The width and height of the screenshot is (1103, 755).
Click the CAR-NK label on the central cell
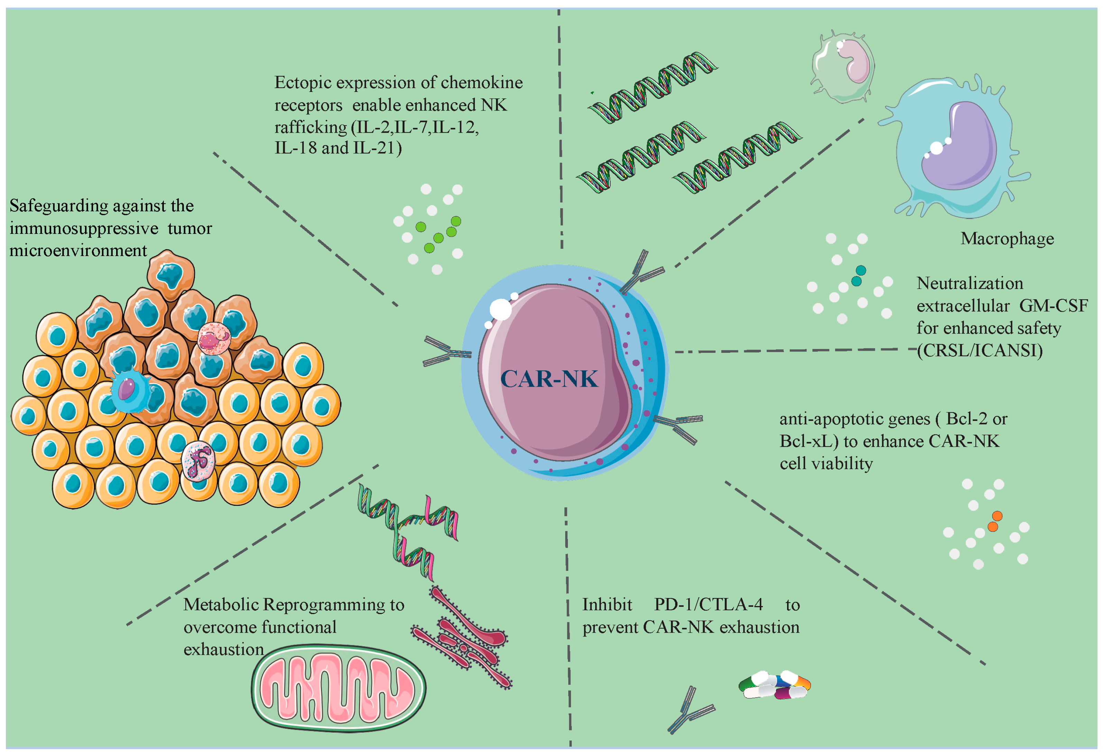(x=549, y=379)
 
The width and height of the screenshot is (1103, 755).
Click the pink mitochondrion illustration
(x=338, y=688)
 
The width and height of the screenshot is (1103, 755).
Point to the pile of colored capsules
(x=775, y=685)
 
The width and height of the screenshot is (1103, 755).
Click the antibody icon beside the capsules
(x=689, y=710)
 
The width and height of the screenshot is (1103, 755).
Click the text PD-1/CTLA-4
(x=708, y=605)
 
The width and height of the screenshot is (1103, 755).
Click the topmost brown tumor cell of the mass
(x=170, y=274)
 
